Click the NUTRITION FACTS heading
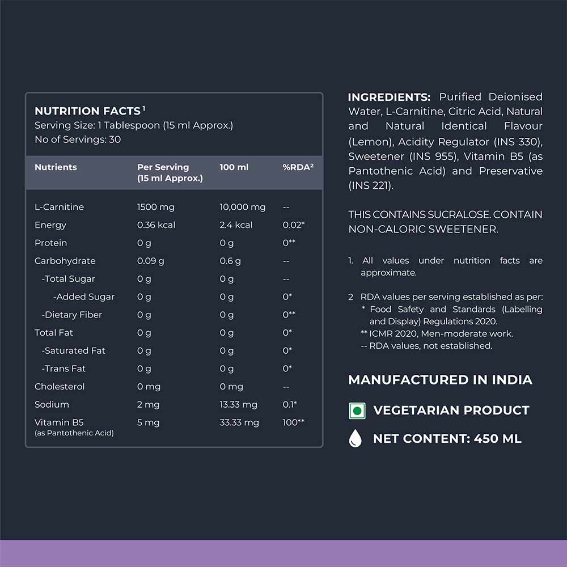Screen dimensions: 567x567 pyautogui.click(x=87, y=111)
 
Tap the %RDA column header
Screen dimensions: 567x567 pyautogui.click(x=298, y=167)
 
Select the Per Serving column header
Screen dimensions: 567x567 pyautogui.click(x=163, y=167)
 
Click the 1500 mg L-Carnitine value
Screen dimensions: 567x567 pyautogui.click(x=156, y=207)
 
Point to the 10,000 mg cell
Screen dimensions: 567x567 pyautogui.click(x=242, y=207)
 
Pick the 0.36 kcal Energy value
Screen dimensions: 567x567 pyautogui.click(x=156, y=225)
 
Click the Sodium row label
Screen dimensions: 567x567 pyautogui.click(x=52, y=404)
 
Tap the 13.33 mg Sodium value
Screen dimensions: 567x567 pyautogui.click(x=238, y=404)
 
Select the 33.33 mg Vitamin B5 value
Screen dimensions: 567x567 pyautogui.click(x=239, y=422)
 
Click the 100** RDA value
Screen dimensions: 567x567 pyautogui.click(x=293, y=422)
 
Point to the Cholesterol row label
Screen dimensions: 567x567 pyautogui.click(x=60, y=387)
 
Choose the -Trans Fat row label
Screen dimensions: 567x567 pyautogui.click(x=64, y=369)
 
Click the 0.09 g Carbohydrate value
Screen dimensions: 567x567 pyautogui.click(x=150, y=261)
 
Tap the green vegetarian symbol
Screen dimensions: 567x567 pyautogui.click(x=356, y=411)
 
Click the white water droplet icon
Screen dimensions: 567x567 pyautogui.click(x=356, y=439)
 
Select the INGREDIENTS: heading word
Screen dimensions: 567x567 pyautogui.click(x=389, y=97)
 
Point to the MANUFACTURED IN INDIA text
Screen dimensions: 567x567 pyautogui.click(x=440, y=380)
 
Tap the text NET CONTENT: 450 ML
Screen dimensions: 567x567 pyautogui.click(x=447, y=439)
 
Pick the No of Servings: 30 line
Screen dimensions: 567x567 pyautogui.click(x=78, y=139)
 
